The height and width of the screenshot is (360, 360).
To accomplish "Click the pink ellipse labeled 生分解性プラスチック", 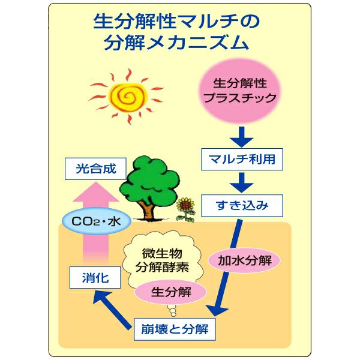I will point(240,90).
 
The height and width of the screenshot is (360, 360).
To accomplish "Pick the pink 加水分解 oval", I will point(245,262).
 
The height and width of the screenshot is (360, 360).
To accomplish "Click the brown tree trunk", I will point(146,208).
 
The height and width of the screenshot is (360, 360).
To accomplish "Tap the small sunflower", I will point(187,206).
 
